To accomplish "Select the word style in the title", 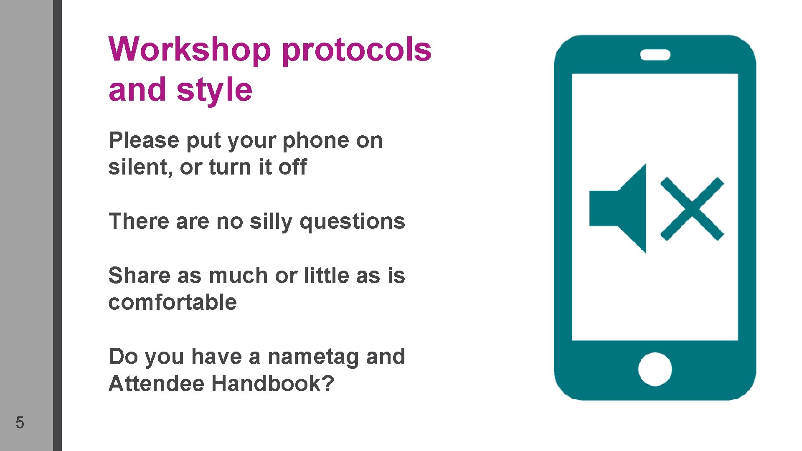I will click(x=214, y=91).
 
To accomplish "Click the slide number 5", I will click(x=20, y=423).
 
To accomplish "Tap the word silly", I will click(x=271, y=222).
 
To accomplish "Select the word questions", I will click(x=352, y=222).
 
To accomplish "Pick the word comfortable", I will click(x=173, y=302).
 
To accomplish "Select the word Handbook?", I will click(x=273, y=383).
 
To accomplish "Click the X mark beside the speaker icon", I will click(x=692, y=209).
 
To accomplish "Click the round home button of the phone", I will click(x=655, y=369).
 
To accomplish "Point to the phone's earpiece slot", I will click(x=655, y=55).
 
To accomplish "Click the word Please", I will click(x=144, y=141).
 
